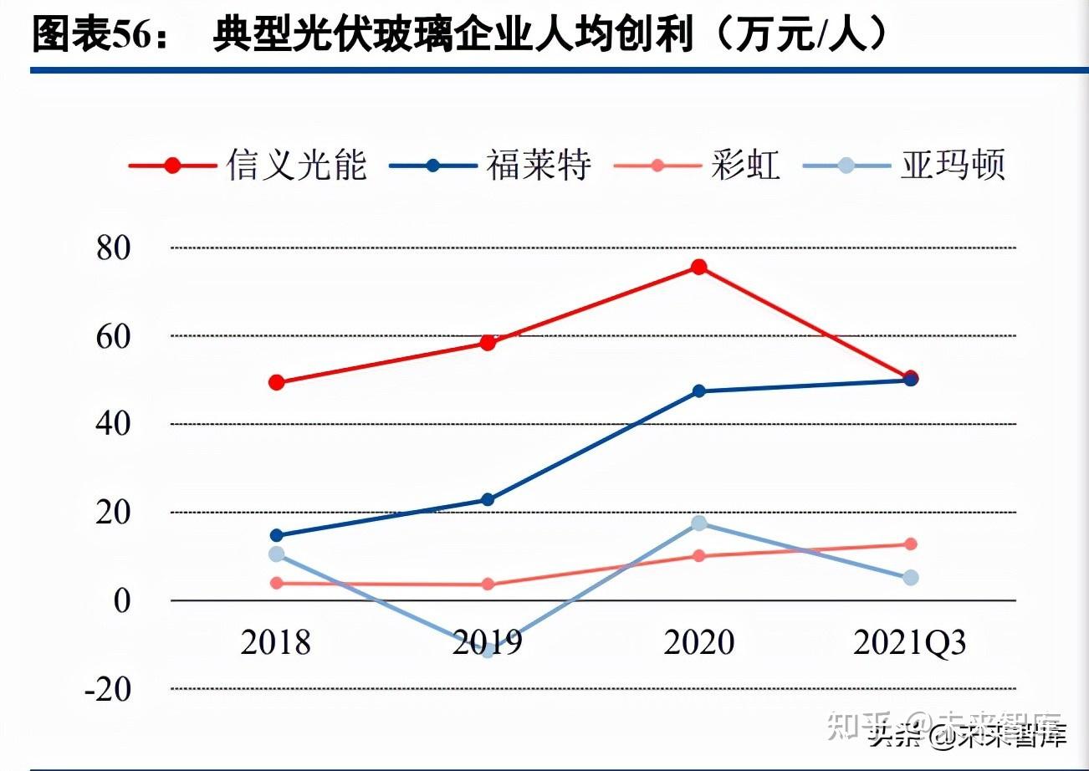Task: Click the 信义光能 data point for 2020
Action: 698,268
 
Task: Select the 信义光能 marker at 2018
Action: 277,383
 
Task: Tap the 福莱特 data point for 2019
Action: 488,500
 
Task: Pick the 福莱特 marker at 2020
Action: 698,391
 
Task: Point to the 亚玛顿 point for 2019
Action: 488,650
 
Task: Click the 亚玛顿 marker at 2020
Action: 698,523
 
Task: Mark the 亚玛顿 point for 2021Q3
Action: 911,578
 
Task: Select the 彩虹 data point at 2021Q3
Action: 911,544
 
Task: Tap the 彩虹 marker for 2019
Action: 488,585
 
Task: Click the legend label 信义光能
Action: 296,165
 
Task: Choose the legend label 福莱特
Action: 539,165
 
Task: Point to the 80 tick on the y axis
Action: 115,248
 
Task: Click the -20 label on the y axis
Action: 108,689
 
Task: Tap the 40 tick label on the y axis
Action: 115,425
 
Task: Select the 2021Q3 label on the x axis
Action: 910,643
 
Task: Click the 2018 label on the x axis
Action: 276,643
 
